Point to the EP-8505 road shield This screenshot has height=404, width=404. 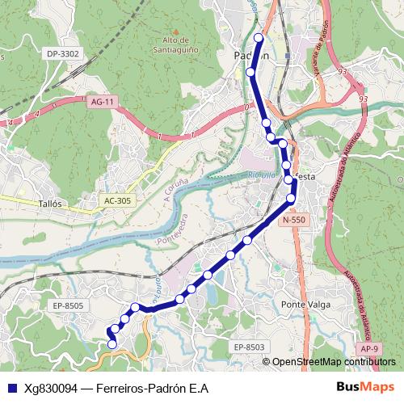coord(69,305)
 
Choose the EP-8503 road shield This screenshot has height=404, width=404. coord(250,347)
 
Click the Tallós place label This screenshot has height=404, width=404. coord(50,204)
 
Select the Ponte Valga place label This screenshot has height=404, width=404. coord(303,304)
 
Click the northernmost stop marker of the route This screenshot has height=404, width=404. coord(259,38)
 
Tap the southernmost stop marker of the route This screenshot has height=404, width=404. coord(112,345)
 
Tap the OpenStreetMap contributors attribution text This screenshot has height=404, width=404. coord(335,361)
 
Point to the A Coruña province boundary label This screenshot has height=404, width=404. coord(175,193)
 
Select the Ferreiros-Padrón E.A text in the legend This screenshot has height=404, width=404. coord(152,388)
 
